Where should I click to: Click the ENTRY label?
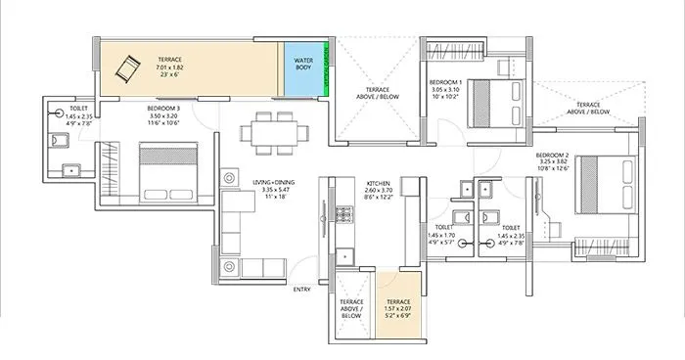303,290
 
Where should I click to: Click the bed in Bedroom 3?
167,165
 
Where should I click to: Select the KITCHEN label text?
380,183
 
